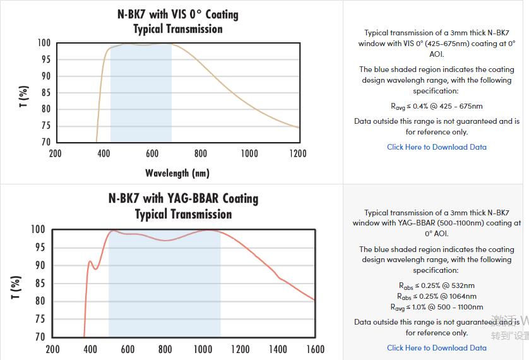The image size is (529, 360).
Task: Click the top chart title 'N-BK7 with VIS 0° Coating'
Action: click(x=177, y=14)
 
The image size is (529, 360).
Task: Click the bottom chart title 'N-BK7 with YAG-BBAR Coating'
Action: click(x=183, y=198)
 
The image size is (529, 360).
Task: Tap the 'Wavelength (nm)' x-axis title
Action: click(x=177, y=172)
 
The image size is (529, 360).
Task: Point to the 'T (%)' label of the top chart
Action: click(x=24, y=97)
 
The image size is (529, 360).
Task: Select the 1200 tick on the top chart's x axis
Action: click(x=297, y=153)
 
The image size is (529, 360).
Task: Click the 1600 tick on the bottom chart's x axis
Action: click(x=315, y=349)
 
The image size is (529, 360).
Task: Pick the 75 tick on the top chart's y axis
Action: click(x=45, y=126)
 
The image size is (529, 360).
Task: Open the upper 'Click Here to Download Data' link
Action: click(x=436, y=147)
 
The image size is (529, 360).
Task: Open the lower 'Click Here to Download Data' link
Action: click(x=436, y=347)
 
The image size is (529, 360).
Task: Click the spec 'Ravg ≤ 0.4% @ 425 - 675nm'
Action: click(x=436, y=106)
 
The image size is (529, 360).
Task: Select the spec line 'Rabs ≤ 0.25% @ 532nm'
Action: click(x=436, y=285)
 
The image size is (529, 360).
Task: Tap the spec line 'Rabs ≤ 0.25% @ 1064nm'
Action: click(x=436, y=296)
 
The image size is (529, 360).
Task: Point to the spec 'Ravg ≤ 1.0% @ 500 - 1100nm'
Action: click(x=436, y=307)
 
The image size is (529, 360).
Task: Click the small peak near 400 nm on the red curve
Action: click(x=90, y=261)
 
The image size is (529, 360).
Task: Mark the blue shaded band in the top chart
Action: click(x=141, y=95)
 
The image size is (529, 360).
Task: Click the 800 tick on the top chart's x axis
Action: click(x=201, y=153)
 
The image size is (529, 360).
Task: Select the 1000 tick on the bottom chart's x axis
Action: click(x=203, y=349)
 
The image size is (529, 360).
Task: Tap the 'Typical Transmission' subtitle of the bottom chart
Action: click(x=183, y=214)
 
